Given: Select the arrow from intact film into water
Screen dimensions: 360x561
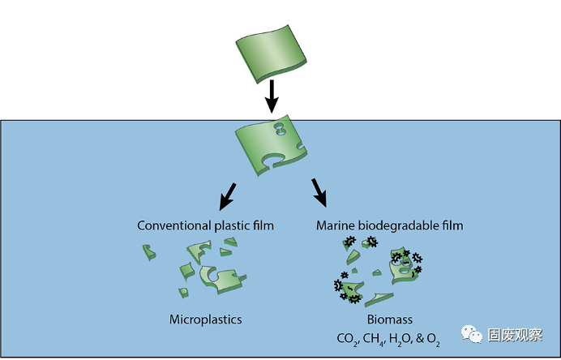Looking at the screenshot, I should point(272,96).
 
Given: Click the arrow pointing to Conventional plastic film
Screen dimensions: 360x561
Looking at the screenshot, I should point(228,195).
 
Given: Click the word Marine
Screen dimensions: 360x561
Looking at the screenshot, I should point(335,225).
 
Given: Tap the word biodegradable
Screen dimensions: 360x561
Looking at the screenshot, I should point(398,225).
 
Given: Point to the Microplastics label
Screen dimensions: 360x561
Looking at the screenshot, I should point(206,319).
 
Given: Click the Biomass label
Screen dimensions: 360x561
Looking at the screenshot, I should point(385,319).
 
